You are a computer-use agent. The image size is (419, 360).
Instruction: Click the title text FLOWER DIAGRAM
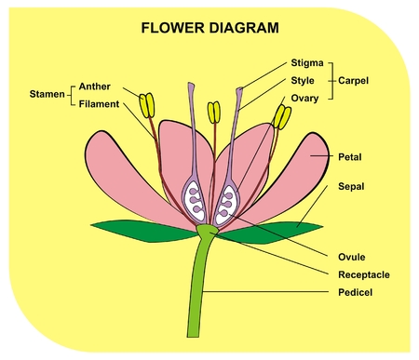click(209, 28)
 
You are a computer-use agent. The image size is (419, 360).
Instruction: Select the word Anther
click(95, 87)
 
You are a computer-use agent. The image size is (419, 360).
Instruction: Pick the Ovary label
click(308, 97)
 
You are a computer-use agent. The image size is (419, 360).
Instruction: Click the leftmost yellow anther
click(146, 104)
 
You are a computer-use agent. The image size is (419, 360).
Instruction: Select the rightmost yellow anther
click(280, 116)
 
